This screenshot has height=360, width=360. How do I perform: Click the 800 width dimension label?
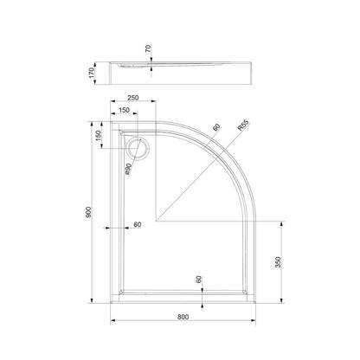pyautogui.click(x=183, y=317)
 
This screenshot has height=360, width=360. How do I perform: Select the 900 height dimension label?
pyautogui.click(x=88, y=213)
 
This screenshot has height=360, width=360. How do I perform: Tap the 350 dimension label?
pyautogui.click(x=278, y=262)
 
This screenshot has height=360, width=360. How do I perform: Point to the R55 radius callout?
pyautogui.click(x=243, y=125)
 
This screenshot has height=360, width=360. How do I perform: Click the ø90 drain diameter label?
pyautogui.click(x=128, y=169)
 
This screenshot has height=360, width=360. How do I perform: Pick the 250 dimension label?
pyautogui.click(x=133, y=98)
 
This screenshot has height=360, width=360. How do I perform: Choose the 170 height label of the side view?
pyautogui.click(x=92, y=73)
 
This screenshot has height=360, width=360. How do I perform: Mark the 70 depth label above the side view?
pyautogui.click(x=148, y=48)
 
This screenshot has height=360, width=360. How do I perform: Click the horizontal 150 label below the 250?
pyautogui.click(x=124, y=110)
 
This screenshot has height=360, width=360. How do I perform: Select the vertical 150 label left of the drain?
pyautogui.click(x=99, y=136)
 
